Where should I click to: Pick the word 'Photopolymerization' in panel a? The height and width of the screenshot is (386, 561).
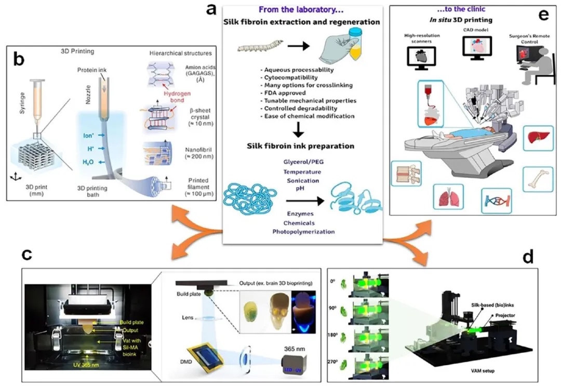[x=301, y=232]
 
